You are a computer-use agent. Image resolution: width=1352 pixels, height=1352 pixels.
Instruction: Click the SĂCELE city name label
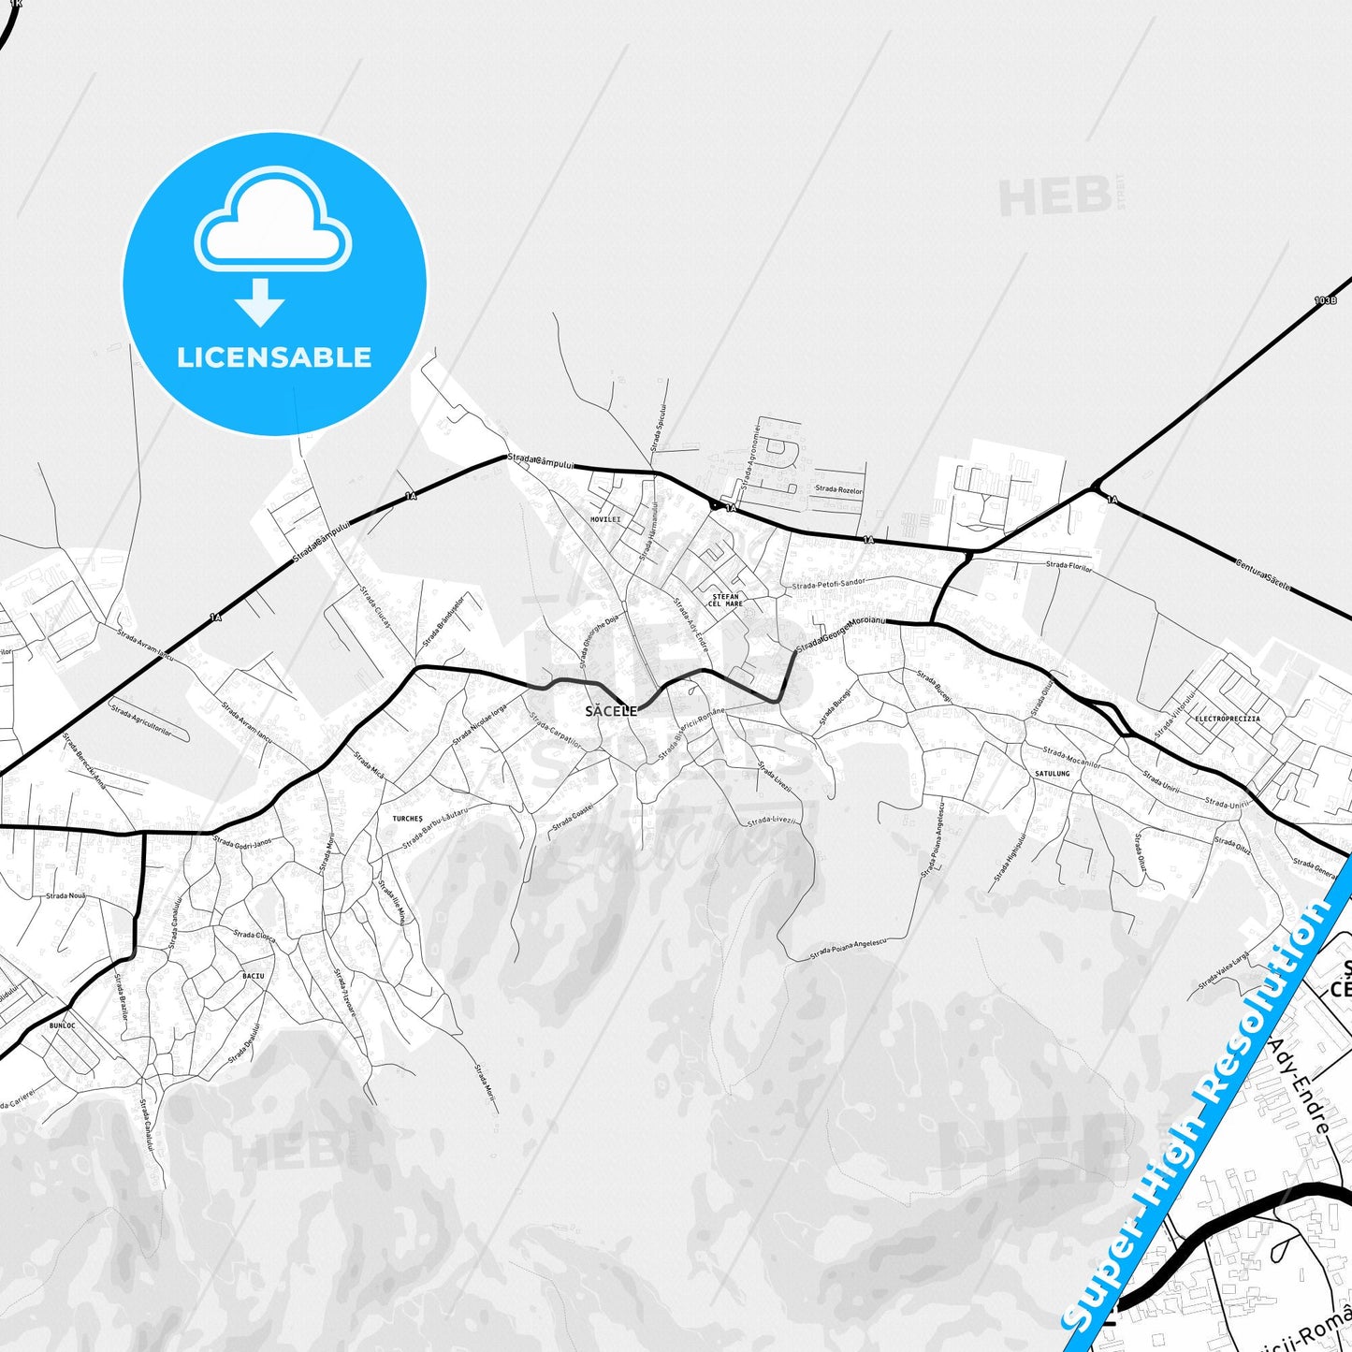point(610,711)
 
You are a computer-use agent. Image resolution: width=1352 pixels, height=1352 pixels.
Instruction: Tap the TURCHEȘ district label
point(407,819)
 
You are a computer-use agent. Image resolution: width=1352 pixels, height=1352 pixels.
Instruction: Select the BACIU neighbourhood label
point(253,976)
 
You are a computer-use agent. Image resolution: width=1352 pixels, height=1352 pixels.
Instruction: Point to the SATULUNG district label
point(1052,774)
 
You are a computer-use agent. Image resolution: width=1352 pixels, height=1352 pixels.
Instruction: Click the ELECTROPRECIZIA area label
point(1227,720)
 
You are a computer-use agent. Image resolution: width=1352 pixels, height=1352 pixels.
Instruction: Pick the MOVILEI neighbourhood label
point(605,519)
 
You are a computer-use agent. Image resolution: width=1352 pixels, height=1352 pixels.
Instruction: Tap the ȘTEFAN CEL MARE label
point(725,600)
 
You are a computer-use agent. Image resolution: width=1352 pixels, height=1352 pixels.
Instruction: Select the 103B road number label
point(1325,301)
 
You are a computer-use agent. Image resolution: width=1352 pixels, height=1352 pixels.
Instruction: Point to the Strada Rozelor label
point(838,489)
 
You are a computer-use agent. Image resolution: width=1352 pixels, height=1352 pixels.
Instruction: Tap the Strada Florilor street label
point(1069,566)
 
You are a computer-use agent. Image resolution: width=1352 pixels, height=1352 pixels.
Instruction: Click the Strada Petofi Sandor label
point(828,584)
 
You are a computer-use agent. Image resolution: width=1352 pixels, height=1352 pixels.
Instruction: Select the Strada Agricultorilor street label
point(141,720)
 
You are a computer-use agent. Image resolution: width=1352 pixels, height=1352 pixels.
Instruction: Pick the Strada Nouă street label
point(65,895)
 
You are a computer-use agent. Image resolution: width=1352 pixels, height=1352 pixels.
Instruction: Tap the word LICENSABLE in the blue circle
point(274,357)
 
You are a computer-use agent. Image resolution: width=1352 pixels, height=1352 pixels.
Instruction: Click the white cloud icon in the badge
point(272,222)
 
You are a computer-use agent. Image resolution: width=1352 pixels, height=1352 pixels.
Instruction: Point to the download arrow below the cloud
point(260,302)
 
